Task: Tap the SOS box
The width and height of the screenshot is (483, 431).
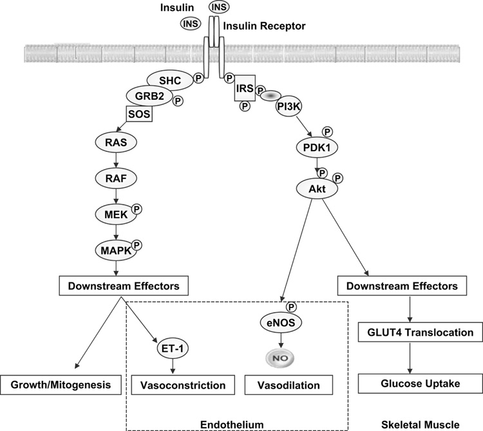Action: pos(138,115)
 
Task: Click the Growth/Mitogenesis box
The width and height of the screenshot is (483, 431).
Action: pos(64,385)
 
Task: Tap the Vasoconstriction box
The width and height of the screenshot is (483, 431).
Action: pos(184,385)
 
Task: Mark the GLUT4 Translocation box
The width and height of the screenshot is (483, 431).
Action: pos(410,333)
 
